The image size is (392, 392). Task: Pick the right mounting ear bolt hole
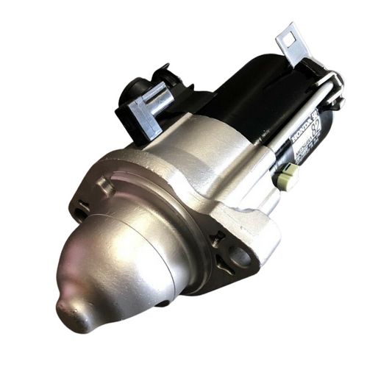[240, 254]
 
